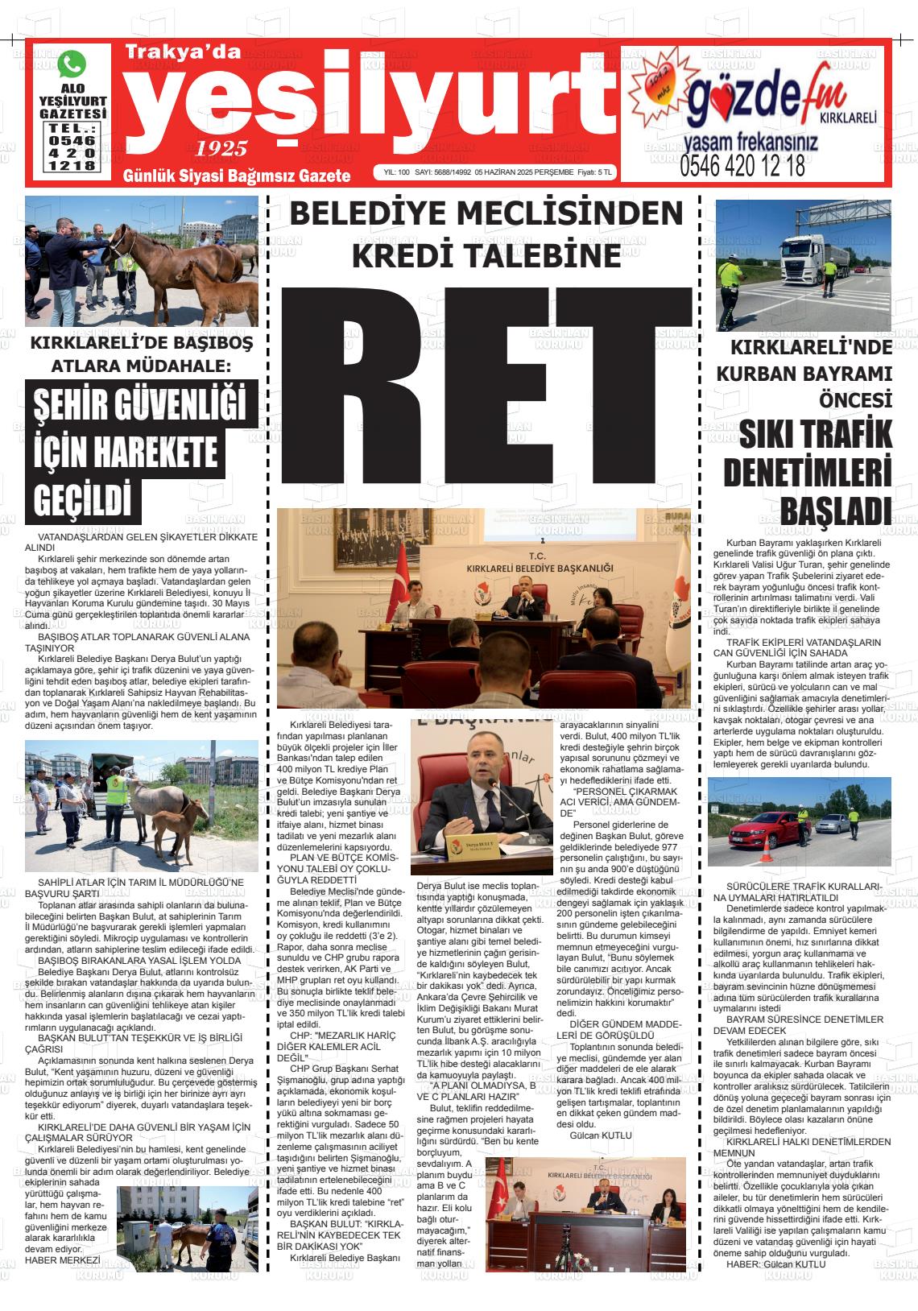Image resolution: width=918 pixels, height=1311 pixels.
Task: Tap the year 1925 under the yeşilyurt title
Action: (221, 148)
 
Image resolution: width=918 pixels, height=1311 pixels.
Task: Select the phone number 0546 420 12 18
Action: (742, 166)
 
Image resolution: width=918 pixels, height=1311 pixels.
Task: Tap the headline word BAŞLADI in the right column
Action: (836, 510)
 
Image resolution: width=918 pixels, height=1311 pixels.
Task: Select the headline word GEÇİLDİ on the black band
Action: (83, 498)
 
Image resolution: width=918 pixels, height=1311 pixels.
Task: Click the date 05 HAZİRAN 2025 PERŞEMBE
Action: (524, 172)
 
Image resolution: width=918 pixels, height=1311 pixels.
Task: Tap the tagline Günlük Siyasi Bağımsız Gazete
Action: (237, 176)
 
